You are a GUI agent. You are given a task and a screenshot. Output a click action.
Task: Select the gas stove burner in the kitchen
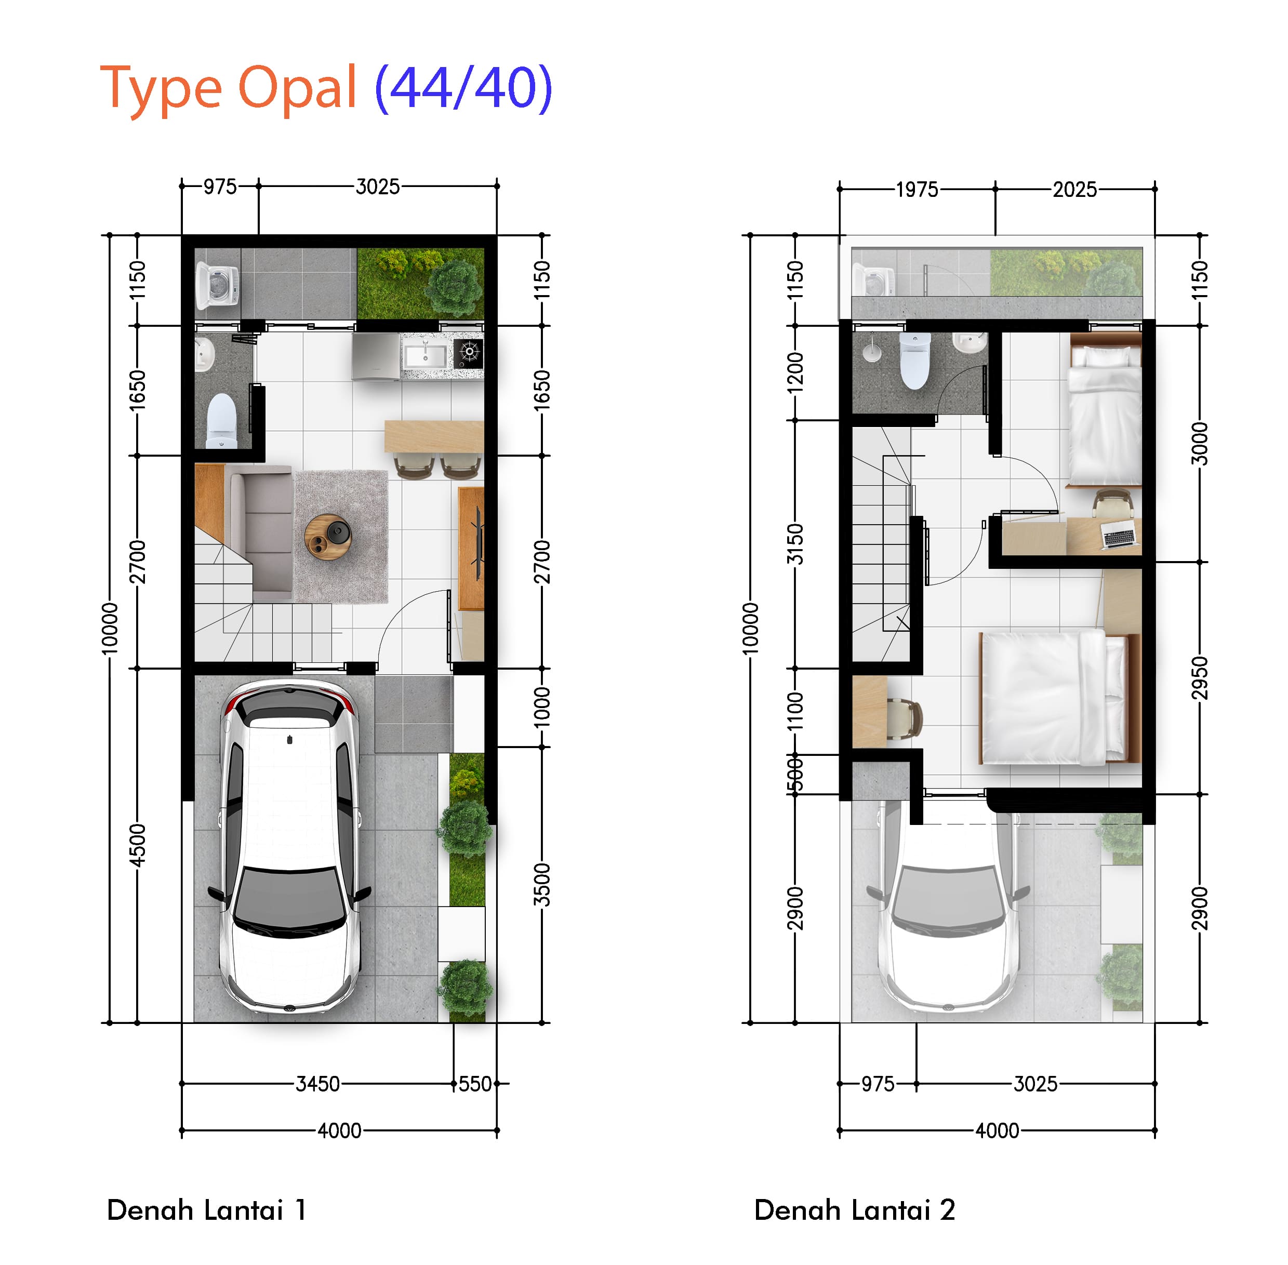point(469,353)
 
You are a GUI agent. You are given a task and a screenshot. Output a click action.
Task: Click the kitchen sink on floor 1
point(426,355)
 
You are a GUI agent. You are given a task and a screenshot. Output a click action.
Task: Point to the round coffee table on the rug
point(328,537)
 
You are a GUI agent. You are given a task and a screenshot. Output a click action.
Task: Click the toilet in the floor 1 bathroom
point(221,421)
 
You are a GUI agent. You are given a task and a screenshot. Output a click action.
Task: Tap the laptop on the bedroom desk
point(1118,534)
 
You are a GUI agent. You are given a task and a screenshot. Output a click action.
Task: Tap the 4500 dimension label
point(137,846)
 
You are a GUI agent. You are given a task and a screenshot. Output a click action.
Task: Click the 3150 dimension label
point(795,544)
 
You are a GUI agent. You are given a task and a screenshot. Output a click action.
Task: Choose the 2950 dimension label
point(1199,678)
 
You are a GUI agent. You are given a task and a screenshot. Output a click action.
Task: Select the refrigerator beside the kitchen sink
point(376,357)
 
